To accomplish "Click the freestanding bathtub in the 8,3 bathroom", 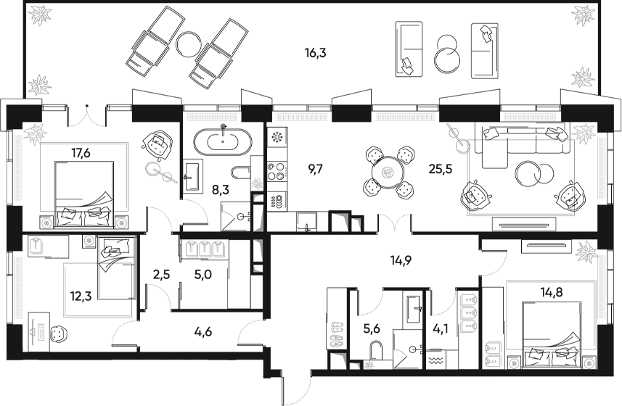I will point(223,139).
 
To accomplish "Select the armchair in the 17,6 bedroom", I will point(158,144).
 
